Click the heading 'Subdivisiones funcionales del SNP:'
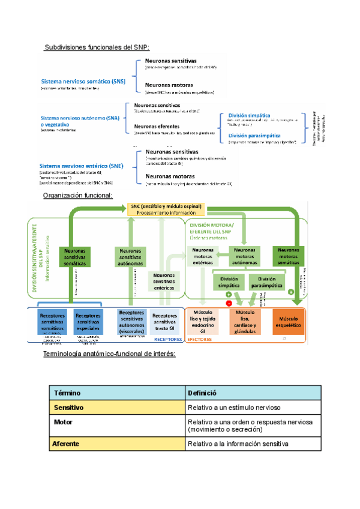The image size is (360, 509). point(97,47)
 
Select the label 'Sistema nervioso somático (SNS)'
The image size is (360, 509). point(83,81)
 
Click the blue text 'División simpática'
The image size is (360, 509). point(249,115)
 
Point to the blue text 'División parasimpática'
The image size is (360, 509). point(256,136)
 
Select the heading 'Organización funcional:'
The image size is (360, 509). point(77,196)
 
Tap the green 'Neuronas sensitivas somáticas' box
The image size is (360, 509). point(74,257)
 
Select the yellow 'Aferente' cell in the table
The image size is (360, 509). point(117,444)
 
